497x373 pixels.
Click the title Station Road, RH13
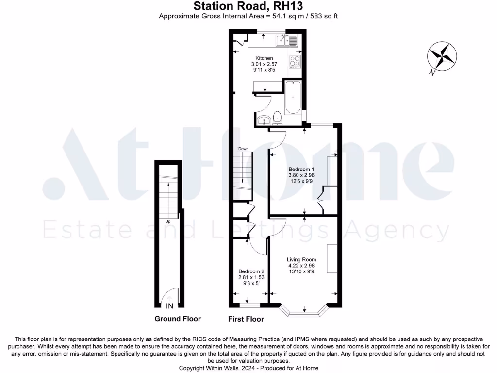pos(248,6)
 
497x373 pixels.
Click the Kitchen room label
pos(264,58)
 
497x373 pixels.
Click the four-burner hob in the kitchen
pos(295,61)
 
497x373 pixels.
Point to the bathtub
pos(293,98)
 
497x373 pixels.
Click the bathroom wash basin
pos(264,119)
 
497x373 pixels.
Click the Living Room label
pos(301,259)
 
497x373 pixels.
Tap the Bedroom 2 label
pos(251,271)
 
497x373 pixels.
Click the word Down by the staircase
pos(243,149)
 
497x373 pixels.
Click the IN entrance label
pos(170,306)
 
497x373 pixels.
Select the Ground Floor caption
pos(177,319)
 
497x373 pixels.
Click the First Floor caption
pos(246,319)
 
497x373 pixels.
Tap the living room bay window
pos(304,312)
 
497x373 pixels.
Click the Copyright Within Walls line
pos(248,368)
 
